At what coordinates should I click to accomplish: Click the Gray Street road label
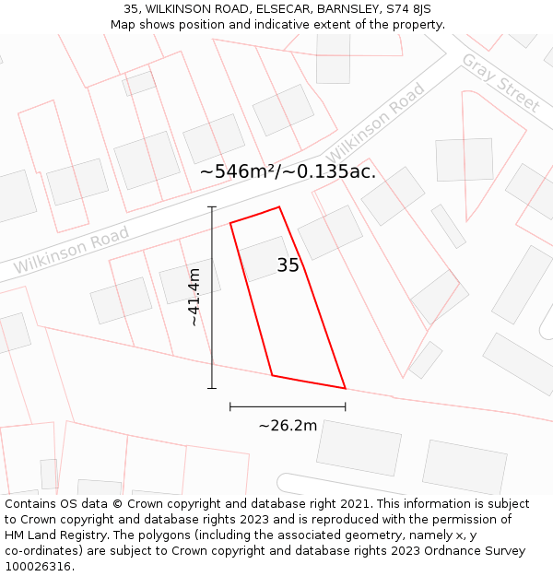500,83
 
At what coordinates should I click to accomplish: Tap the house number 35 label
288,266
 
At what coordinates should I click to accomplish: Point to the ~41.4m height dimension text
194,297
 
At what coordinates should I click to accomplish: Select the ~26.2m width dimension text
288,426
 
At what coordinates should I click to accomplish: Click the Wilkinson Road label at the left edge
71,251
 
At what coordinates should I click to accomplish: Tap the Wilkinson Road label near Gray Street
376,120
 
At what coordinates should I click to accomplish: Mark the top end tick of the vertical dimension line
212,207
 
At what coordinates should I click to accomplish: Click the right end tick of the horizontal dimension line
346,406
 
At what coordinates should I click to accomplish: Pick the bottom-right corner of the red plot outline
345,388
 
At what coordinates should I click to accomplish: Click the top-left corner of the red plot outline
230,223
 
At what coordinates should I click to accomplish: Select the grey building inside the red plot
266,258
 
